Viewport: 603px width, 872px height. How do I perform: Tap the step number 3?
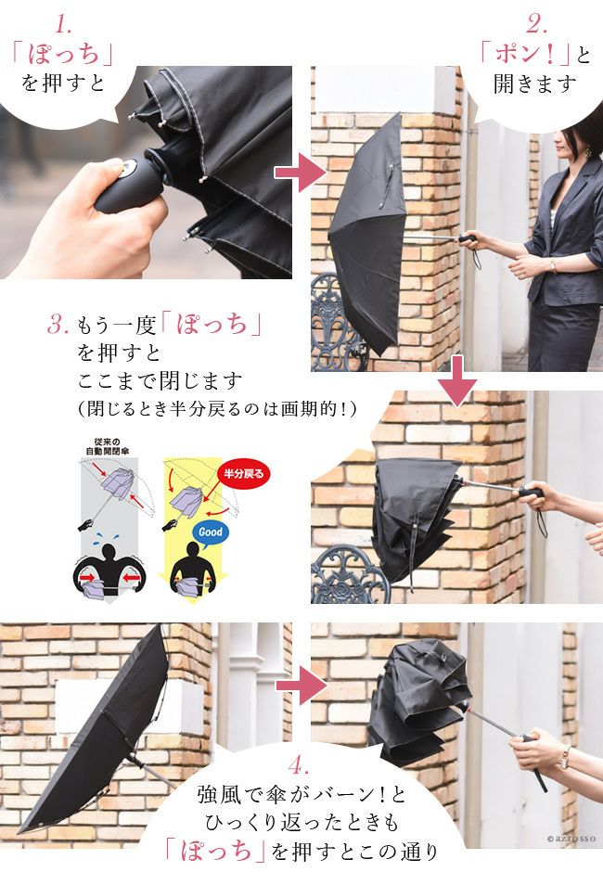click(58, 324)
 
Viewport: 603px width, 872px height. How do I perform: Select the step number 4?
click(299, 766)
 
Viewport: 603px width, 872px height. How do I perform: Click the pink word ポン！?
click(525, 54)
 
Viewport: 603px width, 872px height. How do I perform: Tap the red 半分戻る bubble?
click(243, 474)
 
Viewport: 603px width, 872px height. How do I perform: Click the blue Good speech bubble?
click(211, 532)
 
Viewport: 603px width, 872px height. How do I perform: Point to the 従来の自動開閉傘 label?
click(107, 446)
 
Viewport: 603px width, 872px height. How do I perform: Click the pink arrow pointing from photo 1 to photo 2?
click(300, 173)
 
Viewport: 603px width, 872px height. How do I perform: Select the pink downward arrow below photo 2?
click(456, 381)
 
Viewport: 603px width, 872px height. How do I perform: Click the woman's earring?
click(587, 151)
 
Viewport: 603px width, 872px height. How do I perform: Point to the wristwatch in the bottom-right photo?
click(565, 757)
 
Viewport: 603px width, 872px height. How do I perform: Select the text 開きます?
click(534, 84)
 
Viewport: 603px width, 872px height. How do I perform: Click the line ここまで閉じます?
click(160, 381)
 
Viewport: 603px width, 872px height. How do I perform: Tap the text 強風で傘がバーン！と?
click(301, 795)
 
